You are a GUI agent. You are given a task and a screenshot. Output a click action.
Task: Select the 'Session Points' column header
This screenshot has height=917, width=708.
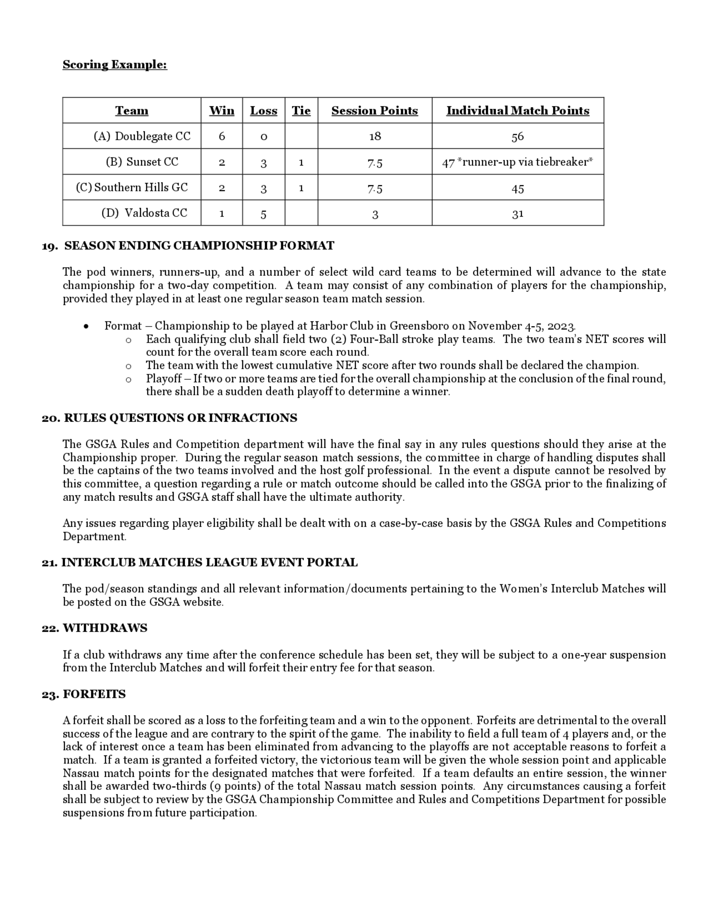375,111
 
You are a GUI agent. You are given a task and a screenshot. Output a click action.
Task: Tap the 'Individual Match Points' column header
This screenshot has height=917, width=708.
518,111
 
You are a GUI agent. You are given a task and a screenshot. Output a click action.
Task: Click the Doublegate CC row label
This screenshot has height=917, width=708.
142,136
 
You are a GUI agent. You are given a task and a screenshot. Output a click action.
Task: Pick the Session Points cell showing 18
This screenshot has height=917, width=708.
375,136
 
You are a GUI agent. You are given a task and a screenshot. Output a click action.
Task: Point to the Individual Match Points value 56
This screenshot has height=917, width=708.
518,136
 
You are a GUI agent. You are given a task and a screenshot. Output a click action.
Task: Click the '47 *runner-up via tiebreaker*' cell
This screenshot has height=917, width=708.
518,162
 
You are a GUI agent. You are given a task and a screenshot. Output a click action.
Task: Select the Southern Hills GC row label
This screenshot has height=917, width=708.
132,187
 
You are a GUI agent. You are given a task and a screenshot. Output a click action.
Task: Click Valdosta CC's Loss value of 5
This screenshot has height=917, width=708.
263,214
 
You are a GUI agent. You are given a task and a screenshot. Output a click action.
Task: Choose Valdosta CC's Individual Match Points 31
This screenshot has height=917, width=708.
518,214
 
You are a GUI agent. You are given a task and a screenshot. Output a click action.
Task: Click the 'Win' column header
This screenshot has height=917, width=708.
222,111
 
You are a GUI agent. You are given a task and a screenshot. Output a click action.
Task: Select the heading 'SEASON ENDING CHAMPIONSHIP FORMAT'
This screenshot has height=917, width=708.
199,246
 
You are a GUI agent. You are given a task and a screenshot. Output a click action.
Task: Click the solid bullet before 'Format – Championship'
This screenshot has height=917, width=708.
86,327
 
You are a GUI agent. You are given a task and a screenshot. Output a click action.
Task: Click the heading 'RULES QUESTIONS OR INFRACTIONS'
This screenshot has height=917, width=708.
180,418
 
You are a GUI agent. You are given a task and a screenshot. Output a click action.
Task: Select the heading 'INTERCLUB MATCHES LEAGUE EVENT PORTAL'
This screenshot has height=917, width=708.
209,563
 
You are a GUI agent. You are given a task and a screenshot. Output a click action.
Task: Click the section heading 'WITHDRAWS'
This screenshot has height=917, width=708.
105,628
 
